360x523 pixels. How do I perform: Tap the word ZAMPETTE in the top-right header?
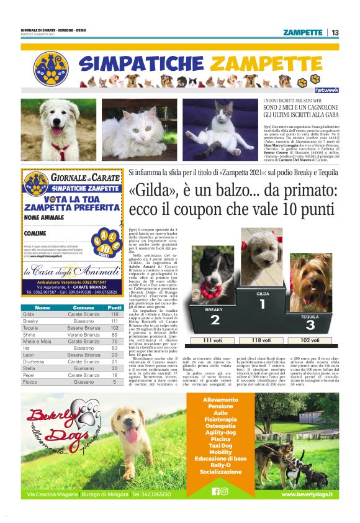pyautogui.click(x=302, y=32)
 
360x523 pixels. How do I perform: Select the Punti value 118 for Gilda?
pyautogui.click(x=114, y=314)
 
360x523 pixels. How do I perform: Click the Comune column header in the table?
pyautogui.click(x=83, y=307)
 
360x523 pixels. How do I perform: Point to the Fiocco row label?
pyautogui.click(x=30, y=382)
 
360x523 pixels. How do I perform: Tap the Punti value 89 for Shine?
pyautogui.click(x=114, y=335)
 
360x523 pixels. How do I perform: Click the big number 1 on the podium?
pyautogui.click(x=262, y=304)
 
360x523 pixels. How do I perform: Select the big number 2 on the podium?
pyautogui.click(x=215, y=320)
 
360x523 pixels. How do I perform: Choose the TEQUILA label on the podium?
pyautogui.click(x=310, y=316)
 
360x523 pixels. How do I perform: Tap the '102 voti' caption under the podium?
pyautogui.click(x=310, y=340)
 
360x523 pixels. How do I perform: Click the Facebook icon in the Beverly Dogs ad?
pyautogui.click(x=216, y=491)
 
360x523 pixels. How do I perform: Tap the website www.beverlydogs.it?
pyautogui.click(x=307, y=494)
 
